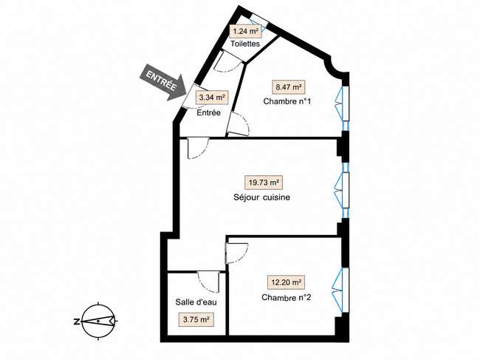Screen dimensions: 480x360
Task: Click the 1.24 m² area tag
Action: tap(245, 31)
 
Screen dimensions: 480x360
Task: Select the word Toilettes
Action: tap(245, 44)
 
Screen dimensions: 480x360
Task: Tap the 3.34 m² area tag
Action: tap(212, 98)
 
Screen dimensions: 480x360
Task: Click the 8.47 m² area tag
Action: tap(289, 87)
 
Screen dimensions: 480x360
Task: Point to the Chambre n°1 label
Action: tap(287, 101)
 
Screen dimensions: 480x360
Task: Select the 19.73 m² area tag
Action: tap(264, 183)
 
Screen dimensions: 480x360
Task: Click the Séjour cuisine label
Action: tap(261, 197)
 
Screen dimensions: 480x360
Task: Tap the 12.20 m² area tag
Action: tap(287, 282)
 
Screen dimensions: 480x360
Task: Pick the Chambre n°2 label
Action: tap(287, 297)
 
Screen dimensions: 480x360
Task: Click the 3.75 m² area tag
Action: tap(196, 319)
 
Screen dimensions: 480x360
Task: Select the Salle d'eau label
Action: tap(196, 302)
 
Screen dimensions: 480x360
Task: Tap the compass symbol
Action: tap(98, 321)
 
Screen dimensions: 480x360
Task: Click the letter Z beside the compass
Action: tap(77, 322)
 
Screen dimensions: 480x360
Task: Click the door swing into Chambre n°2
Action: tap(236, 253)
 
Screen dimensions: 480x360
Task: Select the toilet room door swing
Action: tap(227, 62)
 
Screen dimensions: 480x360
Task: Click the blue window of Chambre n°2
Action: tap(341, 291)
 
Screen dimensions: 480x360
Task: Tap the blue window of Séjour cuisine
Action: tap(342, 190)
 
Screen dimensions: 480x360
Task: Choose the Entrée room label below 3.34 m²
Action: tap(208, 112)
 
